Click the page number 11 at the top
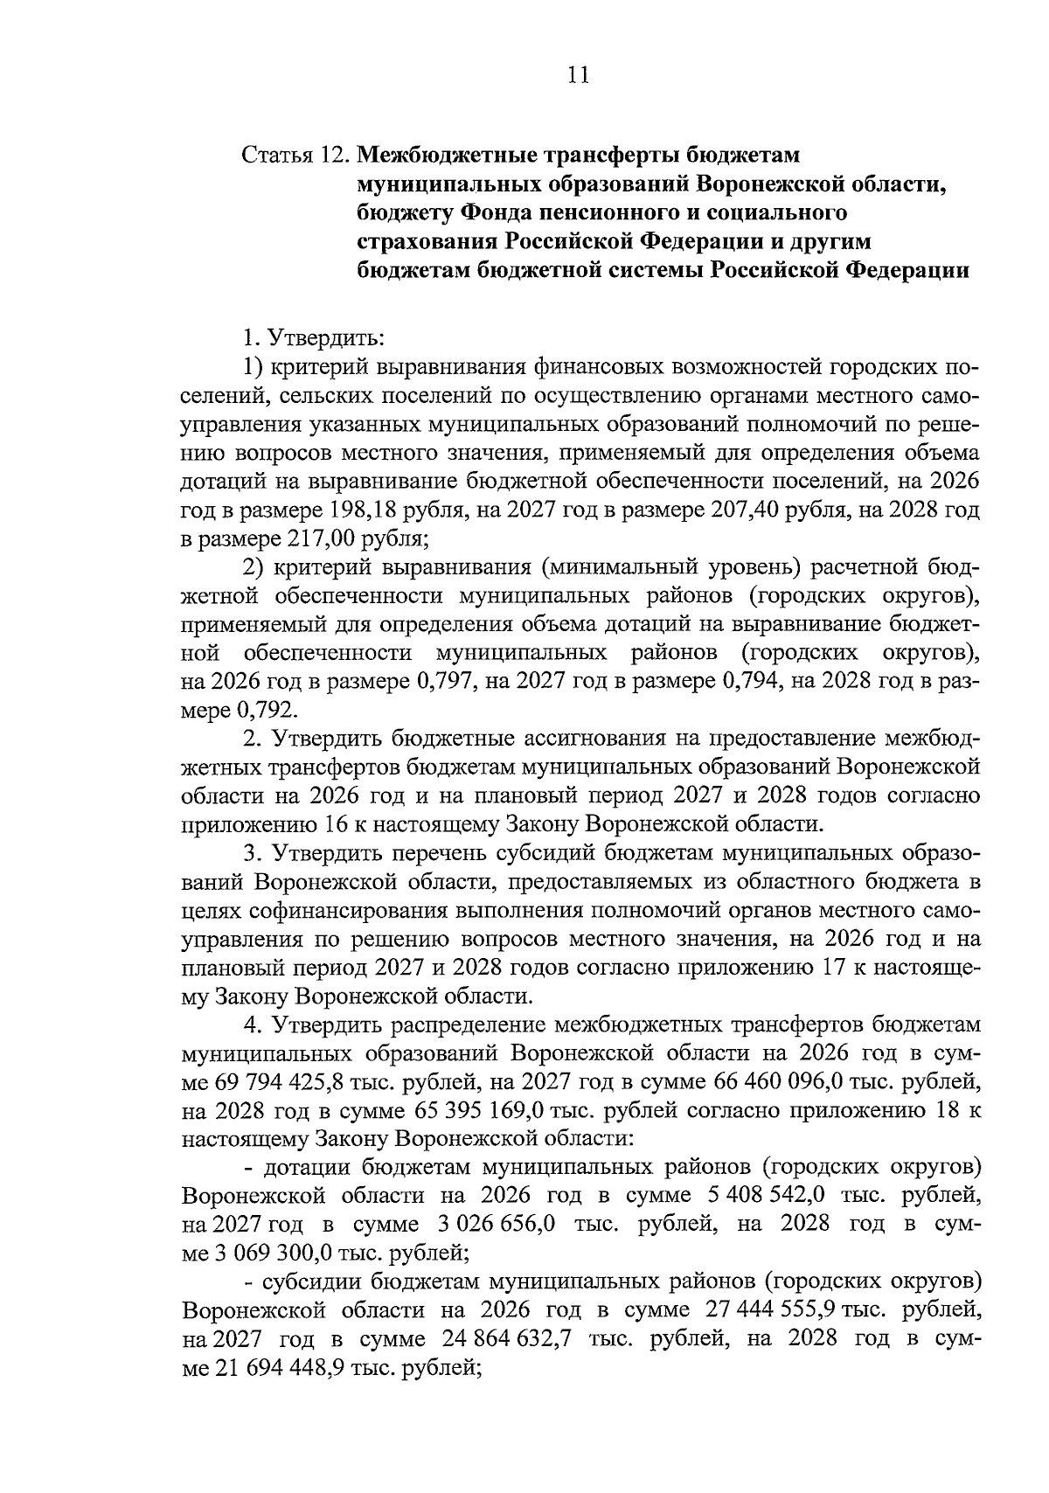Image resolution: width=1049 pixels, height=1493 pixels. click(578, 75)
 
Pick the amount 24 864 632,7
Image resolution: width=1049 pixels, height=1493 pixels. click(508, 1339)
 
